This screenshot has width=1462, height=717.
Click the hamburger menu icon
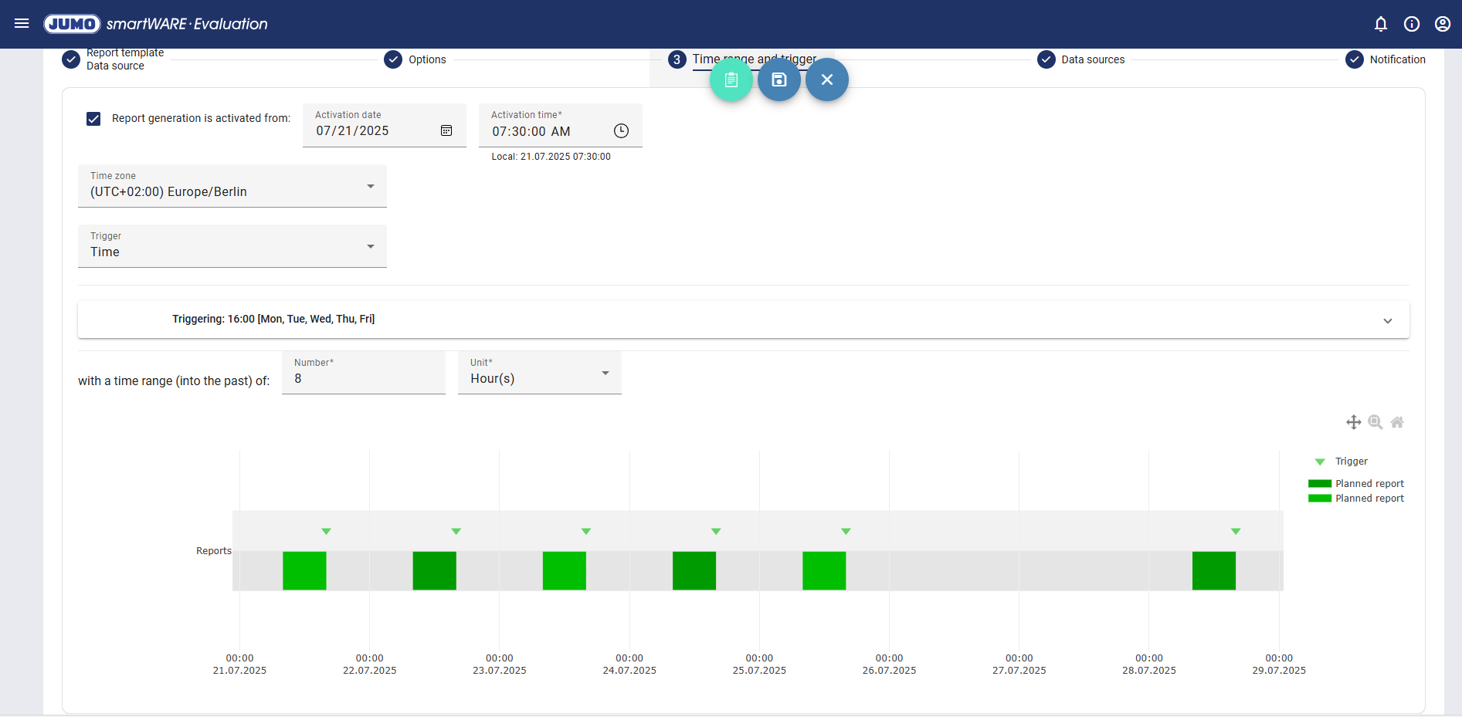[x=22, y=24]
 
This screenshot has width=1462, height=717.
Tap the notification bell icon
[x=1381, y=24]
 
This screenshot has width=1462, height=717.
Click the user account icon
[x=1442, y=24]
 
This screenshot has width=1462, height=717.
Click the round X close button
[x=826, y=79]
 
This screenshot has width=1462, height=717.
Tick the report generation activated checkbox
[x=93, y=119]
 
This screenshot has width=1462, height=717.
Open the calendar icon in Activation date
[x=446, y=130]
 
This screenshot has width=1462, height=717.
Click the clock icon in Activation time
[x=621, y=131]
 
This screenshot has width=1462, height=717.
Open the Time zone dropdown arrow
[x=371, y=187]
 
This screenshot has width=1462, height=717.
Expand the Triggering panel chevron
[x=1387, y=320]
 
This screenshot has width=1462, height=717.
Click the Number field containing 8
[x=363, y=378]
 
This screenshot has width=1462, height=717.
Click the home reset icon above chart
[x=1396, y=422]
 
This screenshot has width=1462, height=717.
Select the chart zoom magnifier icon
[x=1375, y=422]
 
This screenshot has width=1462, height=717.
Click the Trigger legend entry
[x=1351, y=462]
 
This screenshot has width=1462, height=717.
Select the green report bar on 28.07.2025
[x=1213, y=571]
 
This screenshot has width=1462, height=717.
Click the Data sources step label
[x=1092, y=59]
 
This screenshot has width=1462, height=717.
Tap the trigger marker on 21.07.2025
[x=326, y=531]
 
